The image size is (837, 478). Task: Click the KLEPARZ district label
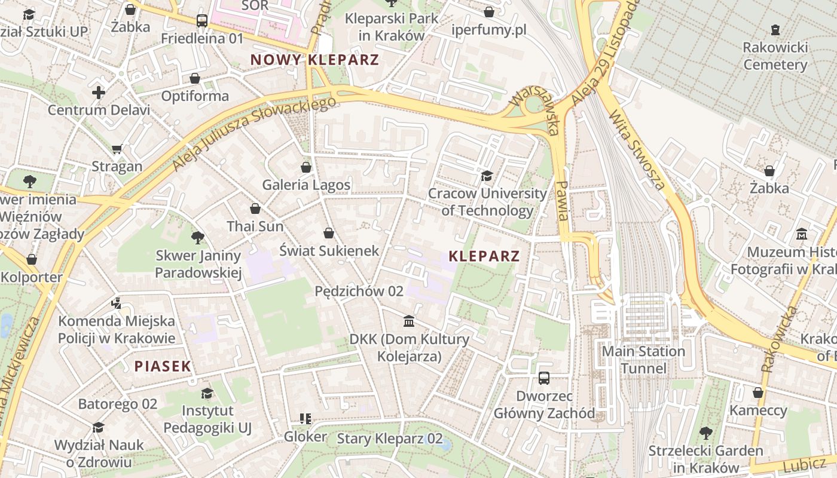pos(484,256)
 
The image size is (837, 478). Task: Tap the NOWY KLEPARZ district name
pos(314,60)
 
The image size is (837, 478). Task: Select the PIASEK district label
pos(163,366)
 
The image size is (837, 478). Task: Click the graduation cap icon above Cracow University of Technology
pos(487,176)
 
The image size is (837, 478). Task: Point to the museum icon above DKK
pos(409,321)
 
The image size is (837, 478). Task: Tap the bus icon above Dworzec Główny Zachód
pos(544,378)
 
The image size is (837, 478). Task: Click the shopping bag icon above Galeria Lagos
pos(306,167)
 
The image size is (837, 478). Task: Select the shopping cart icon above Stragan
pos(117,149)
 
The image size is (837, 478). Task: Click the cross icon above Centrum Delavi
pos(99,93)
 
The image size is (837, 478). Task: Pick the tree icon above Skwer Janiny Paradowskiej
pos(198,238)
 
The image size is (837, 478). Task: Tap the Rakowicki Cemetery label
pos(775,56)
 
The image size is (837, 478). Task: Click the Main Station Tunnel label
pos(643,359)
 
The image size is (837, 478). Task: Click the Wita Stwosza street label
pos(637,149)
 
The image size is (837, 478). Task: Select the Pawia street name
pos(561,201)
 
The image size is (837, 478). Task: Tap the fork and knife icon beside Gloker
pos(306,419)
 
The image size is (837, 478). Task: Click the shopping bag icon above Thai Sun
pos(255,209)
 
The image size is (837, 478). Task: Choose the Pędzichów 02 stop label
pos(359,291)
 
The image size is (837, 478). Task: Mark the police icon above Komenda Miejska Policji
pos(117,304)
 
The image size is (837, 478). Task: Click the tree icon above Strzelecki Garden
pos(706,433)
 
